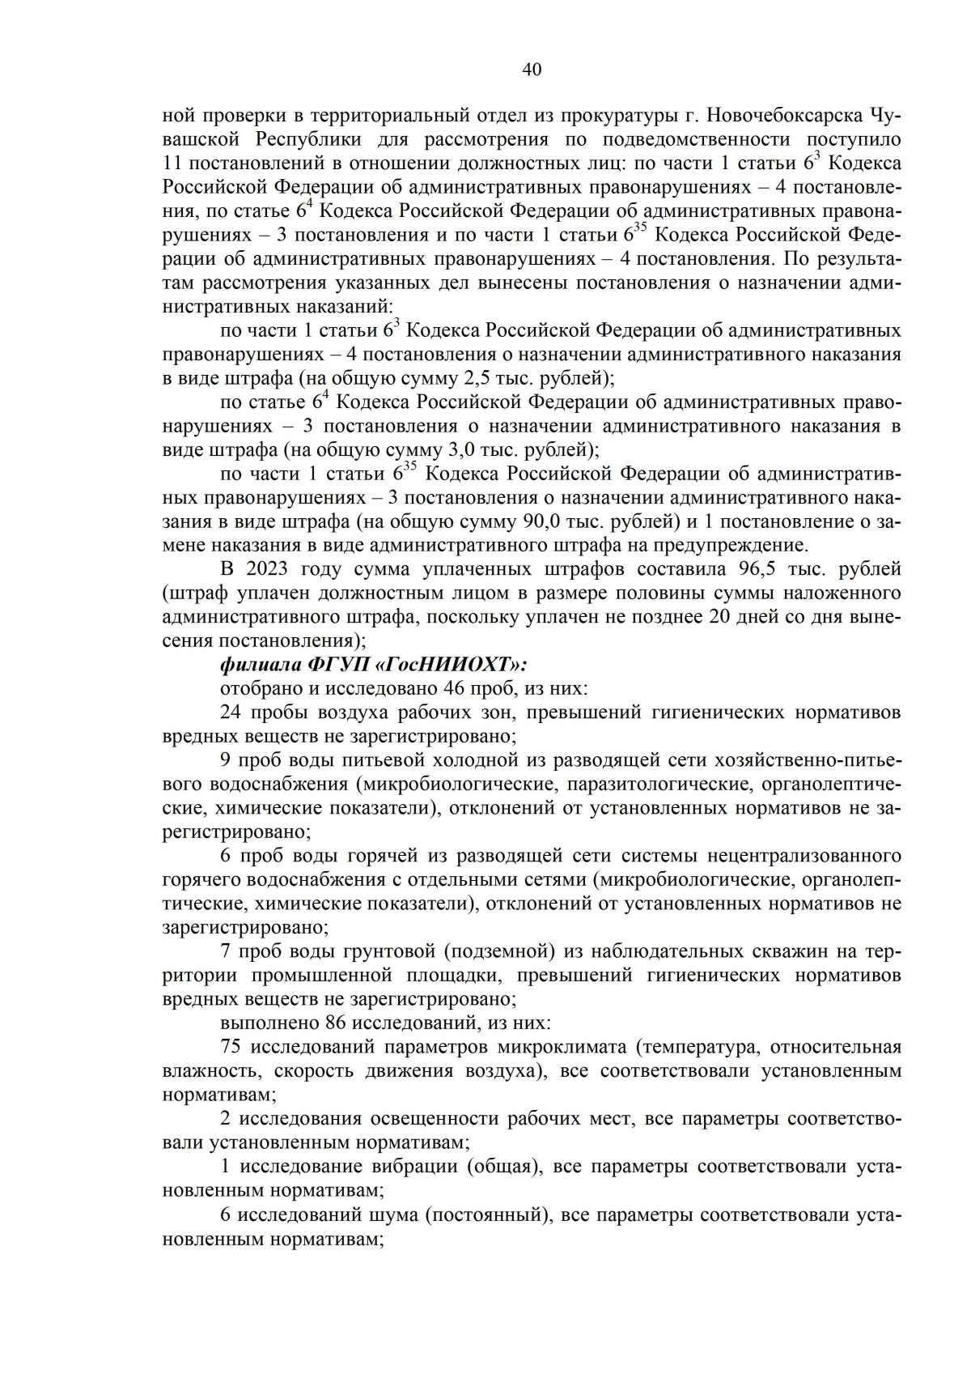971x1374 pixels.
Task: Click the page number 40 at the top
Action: coord(532,70)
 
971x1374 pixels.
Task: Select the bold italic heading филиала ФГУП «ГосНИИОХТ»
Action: coord(373,665)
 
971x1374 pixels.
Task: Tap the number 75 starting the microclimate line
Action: coord(231,1047)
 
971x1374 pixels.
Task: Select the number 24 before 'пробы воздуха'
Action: coord(231,713)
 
